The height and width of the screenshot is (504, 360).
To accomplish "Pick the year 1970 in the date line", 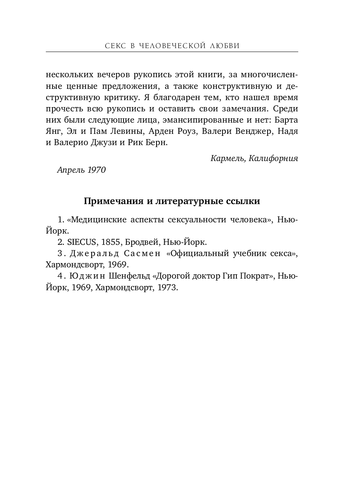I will coord(96,170).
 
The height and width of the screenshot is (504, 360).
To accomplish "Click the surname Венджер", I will coord(254,131).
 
